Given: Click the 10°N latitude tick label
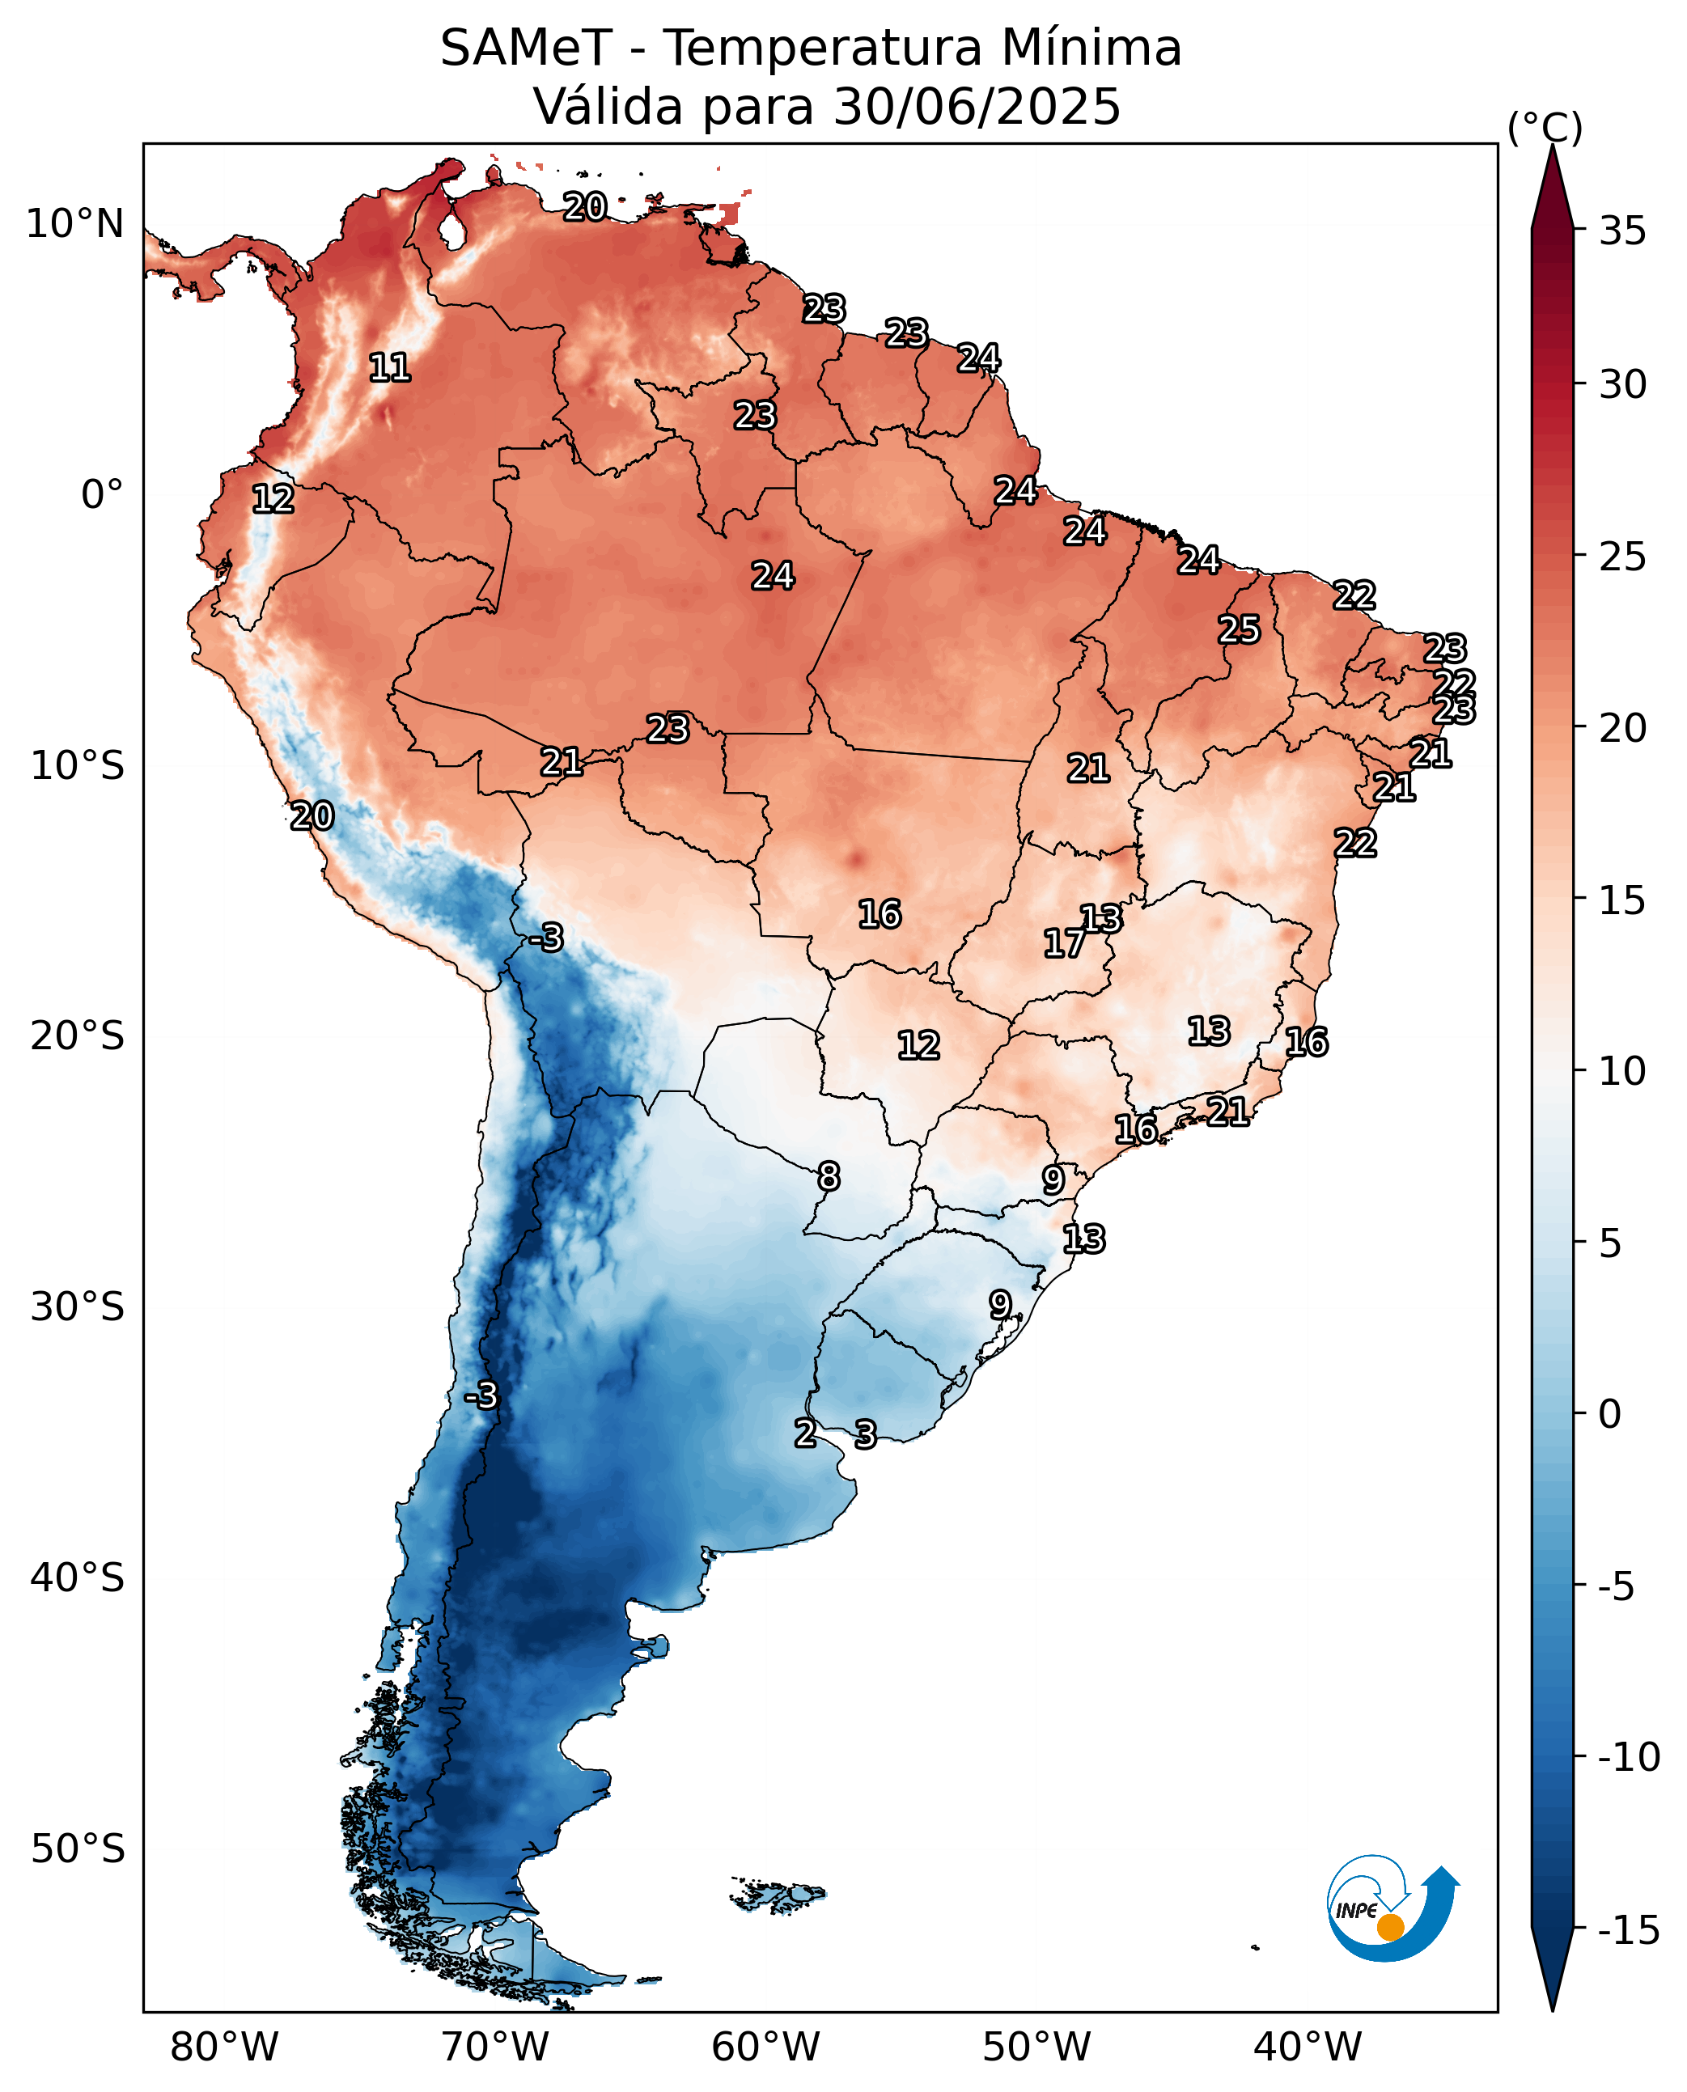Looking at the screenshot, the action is (74, 224).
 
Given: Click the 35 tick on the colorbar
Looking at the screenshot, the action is (1623, 231).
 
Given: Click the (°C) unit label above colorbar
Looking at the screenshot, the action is (1545, 127).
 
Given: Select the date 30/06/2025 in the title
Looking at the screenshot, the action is (977, 106).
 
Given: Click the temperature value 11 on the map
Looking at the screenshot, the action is (390, 367).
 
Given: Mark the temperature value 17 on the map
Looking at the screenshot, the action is (1064, 942).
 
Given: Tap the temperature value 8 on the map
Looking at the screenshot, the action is (828, 1177).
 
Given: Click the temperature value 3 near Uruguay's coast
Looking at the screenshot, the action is (865, 1434).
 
